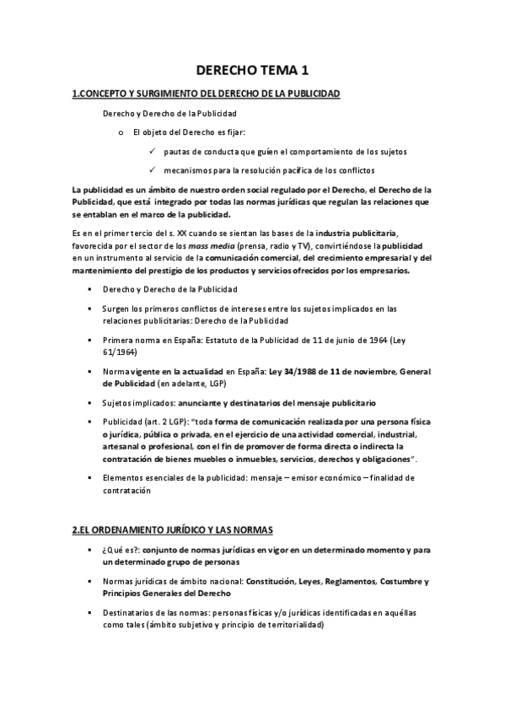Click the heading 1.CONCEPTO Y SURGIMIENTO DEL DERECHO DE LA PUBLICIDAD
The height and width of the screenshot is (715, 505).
coord(207,94)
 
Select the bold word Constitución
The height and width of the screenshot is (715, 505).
coord(282,582)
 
